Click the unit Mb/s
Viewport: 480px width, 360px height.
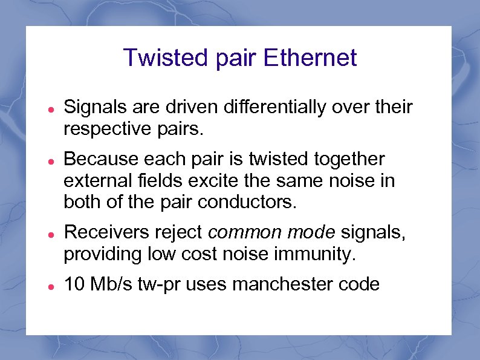pos(112,284)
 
